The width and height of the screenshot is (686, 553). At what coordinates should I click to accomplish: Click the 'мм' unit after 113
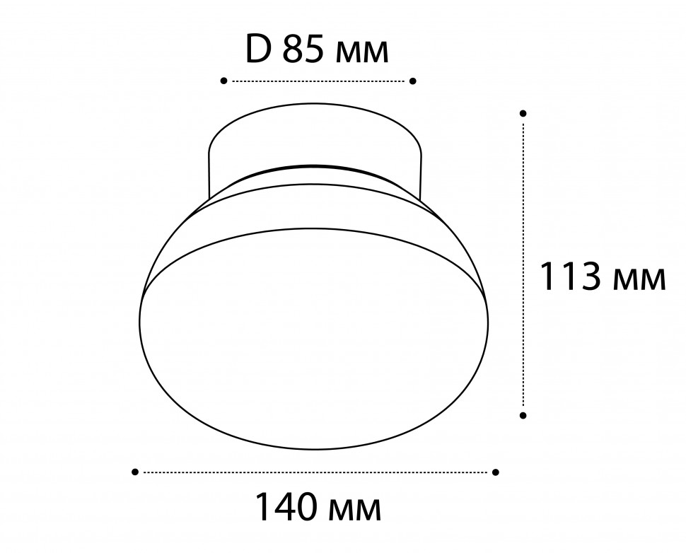[x=639, y=281]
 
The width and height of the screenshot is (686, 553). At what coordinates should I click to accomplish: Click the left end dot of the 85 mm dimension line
[x=224, y=81]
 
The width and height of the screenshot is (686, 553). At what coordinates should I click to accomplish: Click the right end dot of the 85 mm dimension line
[x=414, y=81]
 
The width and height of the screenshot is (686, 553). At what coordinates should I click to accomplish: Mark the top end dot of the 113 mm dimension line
[x=523, y=113]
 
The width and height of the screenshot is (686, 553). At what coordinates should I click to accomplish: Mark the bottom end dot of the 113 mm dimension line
[x=523, y=415]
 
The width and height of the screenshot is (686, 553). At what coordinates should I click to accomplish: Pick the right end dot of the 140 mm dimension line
[x=496, y=472]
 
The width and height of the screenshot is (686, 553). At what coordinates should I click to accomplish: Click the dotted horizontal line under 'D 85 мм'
[x=318, y=81]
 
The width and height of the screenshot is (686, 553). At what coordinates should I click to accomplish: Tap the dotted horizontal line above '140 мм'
[x=315, y=472]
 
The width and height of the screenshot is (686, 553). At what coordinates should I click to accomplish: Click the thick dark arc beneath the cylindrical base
[x=315, y=168]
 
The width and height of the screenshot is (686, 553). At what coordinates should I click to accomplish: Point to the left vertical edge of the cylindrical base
[x=209, y=173]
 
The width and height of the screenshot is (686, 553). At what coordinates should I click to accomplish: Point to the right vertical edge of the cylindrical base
[x=422, y=173]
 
